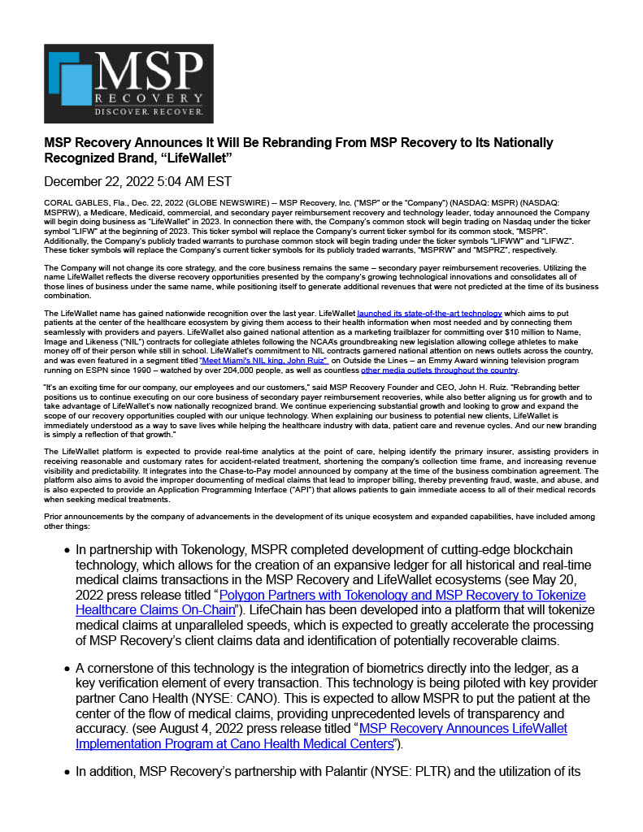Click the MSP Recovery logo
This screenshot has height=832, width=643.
coord(128,84)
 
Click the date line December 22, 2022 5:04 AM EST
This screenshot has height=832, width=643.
coord(137,180)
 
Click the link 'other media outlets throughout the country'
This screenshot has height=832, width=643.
coord(439,370)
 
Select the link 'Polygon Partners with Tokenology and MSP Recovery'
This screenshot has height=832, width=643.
coord(402,595)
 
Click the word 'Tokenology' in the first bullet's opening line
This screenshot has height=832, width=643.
coord(202,550)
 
